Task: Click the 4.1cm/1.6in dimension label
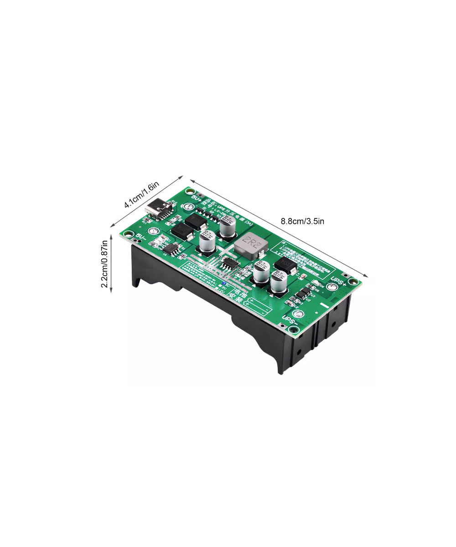coord(142,196)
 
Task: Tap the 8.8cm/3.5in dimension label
coord(302,222)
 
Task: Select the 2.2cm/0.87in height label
coord(104,264)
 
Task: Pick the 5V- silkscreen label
coord(141,237)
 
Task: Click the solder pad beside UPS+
coord(332,286)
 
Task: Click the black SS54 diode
coord(286,263)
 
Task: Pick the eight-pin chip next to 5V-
coord(171,249)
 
